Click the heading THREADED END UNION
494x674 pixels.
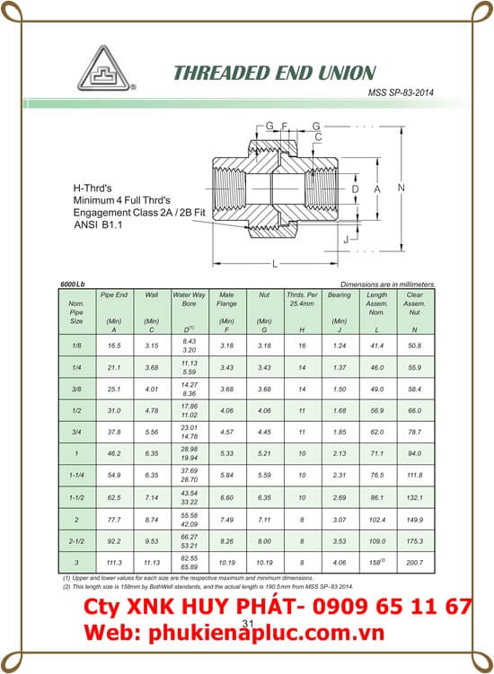[274, 72]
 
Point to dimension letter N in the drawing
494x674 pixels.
[401, 188]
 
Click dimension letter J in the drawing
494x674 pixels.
[346, 240]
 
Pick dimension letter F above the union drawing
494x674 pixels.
[285, 125]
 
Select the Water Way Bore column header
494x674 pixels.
[189, 299]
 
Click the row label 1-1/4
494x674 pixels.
[76, 472]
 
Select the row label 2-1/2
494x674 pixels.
[76, 541]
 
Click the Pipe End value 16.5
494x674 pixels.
[114, 345]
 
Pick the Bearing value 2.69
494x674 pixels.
[340, 496]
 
